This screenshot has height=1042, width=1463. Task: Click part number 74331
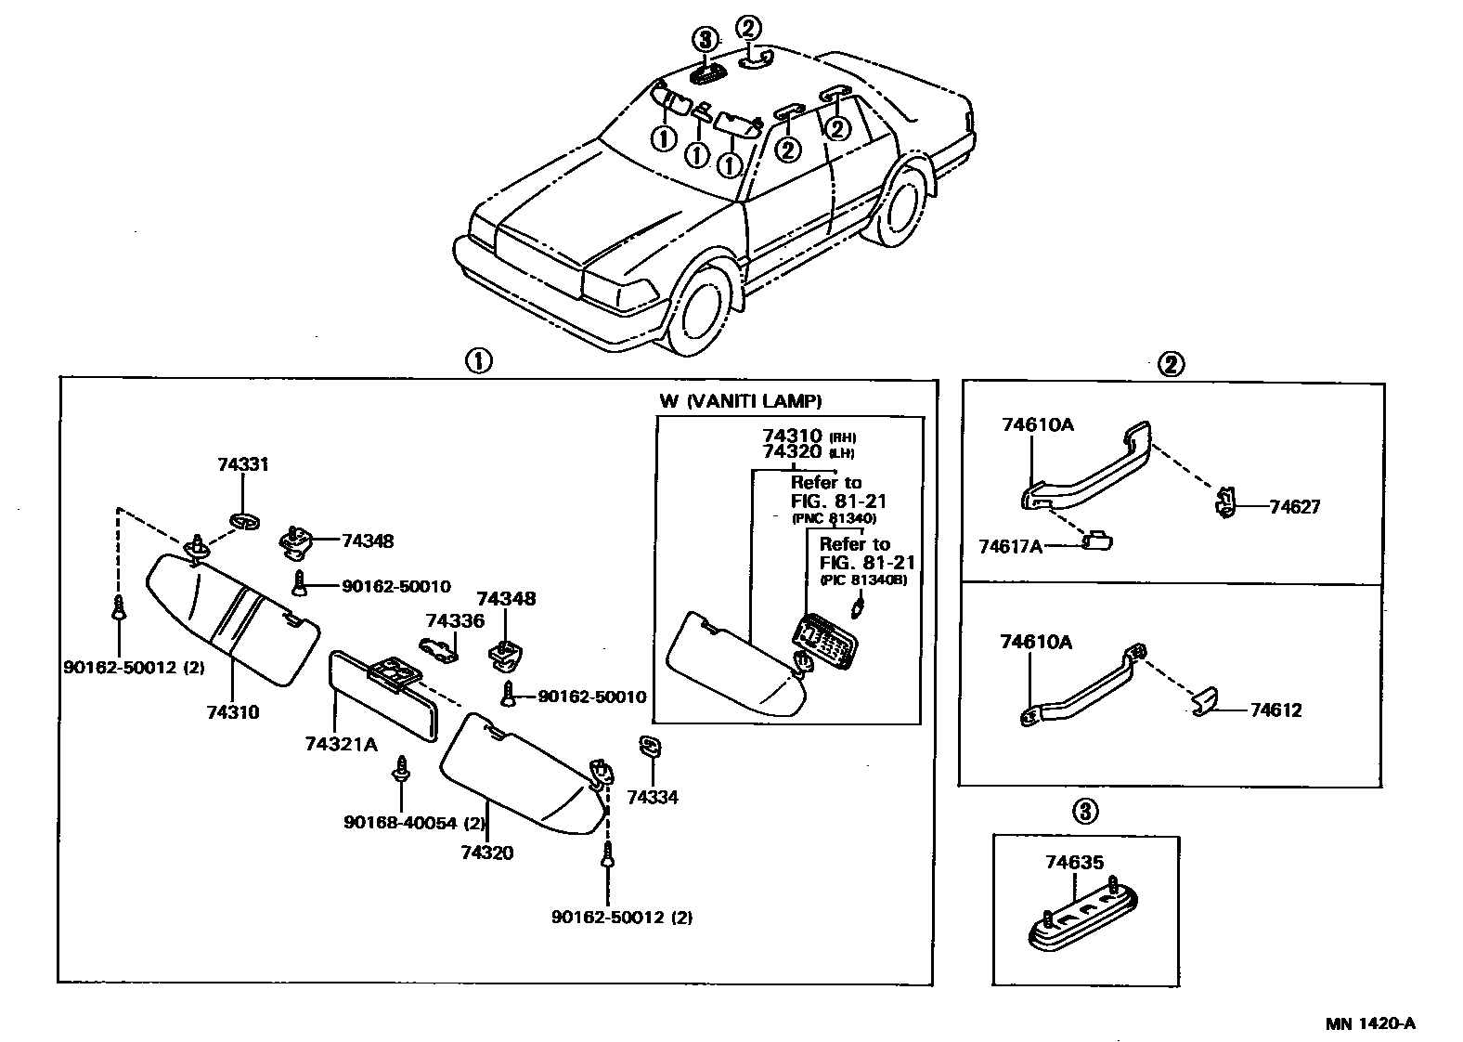242,464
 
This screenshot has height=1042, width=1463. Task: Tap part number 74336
455,620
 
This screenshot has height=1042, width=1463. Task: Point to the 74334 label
652,797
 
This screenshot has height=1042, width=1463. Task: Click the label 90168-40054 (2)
415,822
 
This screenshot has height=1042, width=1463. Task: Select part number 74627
1294,507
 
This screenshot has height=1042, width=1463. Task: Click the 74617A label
1010,546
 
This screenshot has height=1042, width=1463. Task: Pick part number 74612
1275,710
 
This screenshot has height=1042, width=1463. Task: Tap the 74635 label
1074,862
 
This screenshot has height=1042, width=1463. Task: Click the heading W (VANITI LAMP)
740,401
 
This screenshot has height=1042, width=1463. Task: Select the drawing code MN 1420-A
1369,1023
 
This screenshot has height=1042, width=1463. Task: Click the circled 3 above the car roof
706,39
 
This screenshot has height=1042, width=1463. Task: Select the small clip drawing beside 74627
1225,502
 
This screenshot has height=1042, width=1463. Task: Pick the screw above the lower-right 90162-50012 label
607,854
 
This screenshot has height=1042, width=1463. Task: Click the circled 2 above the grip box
1171,365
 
